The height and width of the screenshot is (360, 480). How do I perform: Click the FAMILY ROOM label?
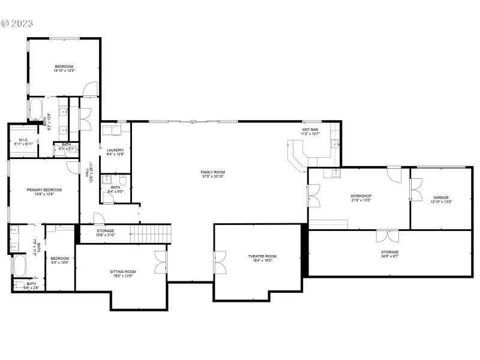pos(212,172)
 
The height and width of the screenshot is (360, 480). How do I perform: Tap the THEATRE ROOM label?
pos(262,256)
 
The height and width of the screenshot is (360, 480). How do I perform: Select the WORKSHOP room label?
pos(361,196)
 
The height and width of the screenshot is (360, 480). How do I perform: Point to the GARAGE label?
pos(441,197)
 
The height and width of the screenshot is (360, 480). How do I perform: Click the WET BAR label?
pos(310,129)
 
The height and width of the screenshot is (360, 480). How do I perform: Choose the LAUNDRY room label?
pos(115,150)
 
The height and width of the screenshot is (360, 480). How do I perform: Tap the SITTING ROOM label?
pos(123,271)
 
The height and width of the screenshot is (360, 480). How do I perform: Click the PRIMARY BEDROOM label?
pos(44,190)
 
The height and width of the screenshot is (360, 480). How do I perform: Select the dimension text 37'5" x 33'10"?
pos(212,176)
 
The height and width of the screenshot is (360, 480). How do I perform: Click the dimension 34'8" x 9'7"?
pos(389,256)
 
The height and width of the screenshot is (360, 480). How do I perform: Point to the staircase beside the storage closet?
pos(151,232)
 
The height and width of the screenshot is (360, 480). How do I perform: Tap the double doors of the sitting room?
pos(160,260)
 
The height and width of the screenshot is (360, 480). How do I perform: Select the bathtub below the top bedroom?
pos(35,110)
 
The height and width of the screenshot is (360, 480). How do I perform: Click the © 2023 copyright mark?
pos(17,23)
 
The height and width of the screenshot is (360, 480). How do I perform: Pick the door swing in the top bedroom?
pos(89,89)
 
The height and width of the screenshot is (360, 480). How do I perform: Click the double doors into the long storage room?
pos(388,235)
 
